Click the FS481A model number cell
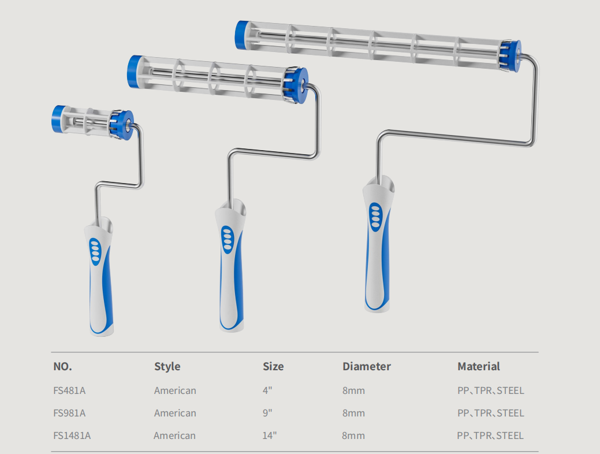69,390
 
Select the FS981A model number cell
69,413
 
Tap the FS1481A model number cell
72,436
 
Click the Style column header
167,366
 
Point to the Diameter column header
366,366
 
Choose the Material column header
478,366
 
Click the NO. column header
62,366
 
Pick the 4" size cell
267,390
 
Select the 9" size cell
267,413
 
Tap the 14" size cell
269,436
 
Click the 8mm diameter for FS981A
353,413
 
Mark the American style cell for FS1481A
174,436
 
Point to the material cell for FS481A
490,390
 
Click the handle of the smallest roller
100,277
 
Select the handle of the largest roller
378,248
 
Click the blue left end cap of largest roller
241,35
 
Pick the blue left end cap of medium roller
135,72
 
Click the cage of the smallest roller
87,120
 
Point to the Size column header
273,366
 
